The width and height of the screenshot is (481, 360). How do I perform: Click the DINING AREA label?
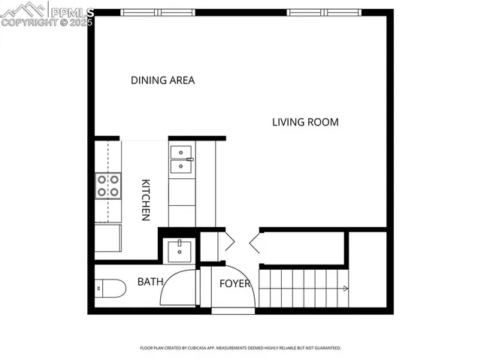(162, 80)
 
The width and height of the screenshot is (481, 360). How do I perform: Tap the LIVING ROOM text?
(305, 122)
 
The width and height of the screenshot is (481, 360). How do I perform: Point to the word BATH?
(150, 282)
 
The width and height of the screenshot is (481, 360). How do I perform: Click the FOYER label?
(234, 284)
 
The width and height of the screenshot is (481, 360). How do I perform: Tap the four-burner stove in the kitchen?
(108, 186)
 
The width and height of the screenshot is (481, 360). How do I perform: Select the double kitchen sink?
(182, 160)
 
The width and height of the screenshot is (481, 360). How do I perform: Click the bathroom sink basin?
(180, 249)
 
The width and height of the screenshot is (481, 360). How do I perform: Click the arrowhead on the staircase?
(344, 288)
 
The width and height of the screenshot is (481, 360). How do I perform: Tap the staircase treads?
(301, 288)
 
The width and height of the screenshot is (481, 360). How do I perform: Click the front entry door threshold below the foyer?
(234, 309)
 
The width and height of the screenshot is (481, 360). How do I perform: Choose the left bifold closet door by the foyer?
(228, 242)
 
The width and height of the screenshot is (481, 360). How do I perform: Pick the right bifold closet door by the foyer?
(253, 242)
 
